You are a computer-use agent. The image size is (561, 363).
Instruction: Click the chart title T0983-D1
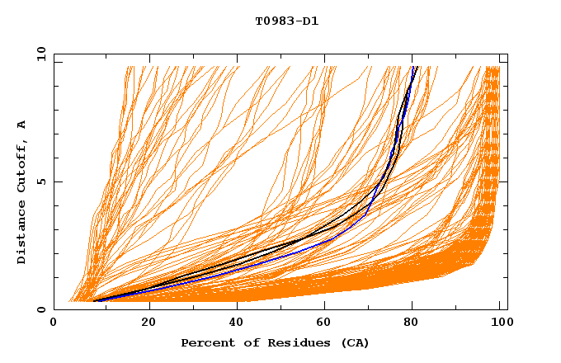click(x=286, y=21)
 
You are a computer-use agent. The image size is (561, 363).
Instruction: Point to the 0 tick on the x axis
click(x=54, y=323)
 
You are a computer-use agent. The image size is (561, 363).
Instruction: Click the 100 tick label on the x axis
click(x=498, y=323)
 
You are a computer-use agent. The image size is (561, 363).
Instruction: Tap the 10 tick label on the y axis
click(x=40, y=54)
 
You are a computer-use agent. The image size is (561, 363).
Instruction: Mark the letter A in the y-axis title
click(x=21, y=125)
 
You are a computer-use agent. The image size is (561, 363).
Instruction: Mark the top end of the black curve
click(x=417, y=67)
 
